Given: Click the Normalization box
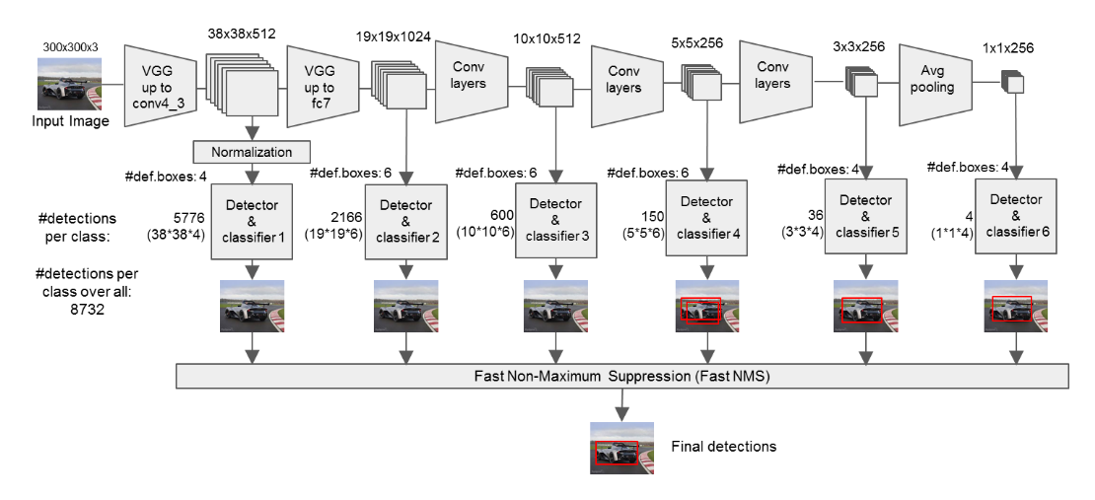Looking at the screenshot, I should pos(253,152).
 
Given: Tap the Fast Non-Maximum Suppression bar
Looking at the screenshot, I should pos(622,376).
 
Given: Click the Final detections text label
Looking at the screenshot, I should pos(723,446).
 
